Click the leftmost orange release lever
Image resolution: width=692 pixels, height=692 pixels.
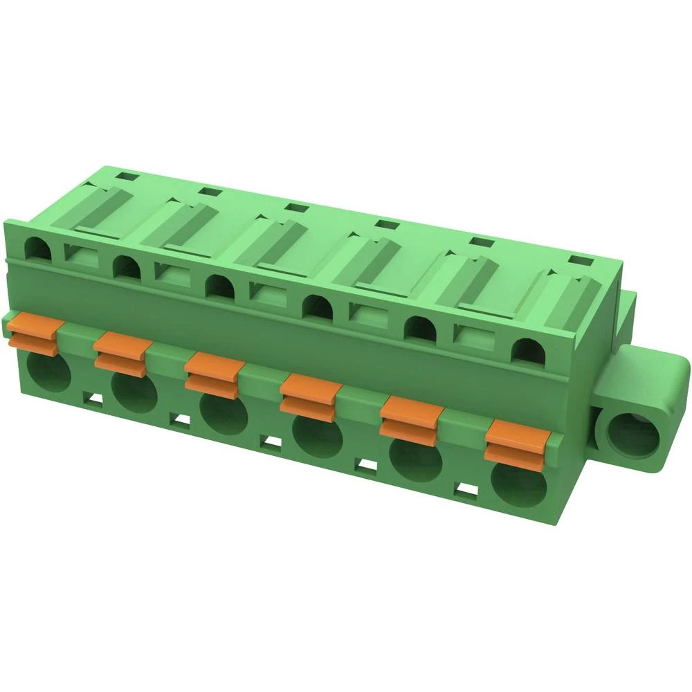click(33, 333)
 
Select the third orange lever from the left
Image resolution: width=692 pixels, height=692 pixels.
click(212, 374)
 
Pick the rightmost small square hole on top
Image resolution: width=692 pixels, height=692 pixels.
click(579, 260)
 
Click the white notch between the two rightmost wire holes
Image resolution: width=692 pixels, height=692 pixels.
click(468, 489)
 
